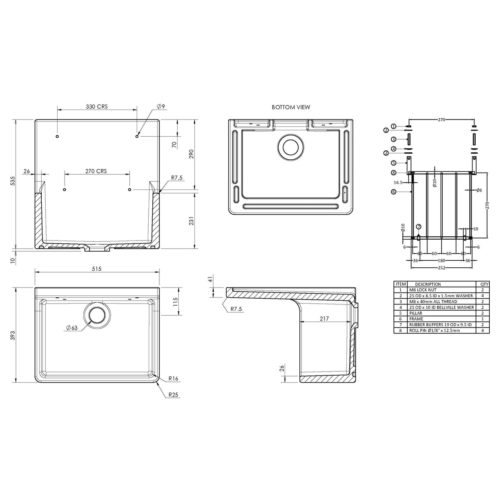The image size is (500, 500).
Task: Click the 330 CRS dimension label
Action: click(x=97, y=107)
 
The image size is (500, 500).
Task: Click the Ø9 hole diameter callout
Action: click(x=161, y=107)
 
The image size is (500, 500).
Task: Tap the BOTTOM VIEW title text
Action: click(x=291, y=107)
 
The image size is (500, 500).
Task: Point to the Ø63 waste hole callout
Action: click(x=71, y=328)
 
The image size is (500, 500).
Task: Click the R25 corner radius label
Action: click(x=173, y=395)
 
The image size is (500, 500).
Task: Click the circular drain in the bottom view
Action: click(x=291, y=147)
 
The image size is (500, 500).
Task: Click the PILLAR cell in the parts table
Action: click(x=416, y=313)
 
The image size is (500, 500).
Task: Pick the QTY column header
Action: click(x=484, y=284)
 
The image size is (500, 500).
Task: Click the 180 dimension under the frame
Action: click(x=441, y=260)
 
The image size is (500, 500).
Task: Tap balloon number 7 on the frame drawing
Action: click(x=419, y=227)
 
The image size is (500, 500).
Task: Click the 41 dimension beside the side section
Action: click(x=210, y=280)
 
